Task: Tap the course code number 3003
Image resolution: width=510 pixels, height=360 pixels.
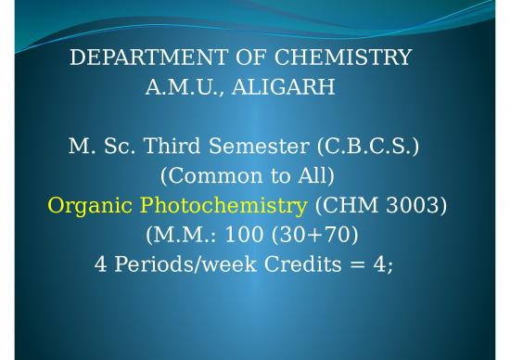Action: click(x=418, y=204)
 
